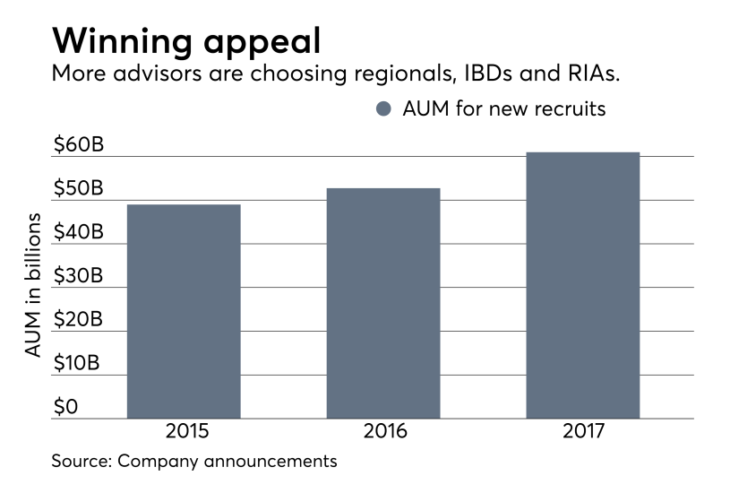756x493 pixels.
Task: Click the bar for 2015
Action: (x=184, y=311)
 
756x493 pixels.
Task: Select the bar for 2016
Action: (x=383, y=303)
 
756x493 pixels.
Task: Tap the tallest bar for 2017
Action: (x=582, y=285)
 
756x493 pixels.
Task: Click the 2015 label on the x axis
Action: (x=186, y=431)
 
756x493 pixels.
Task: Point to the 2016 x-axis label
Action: (x=385, y=431)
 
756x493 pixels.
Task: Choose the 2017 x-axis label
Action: (x=584, y=431)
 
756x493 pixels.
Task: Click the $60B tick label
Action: (x=78, y=145)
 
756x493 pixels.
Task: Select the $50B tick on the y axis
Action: (x=78, y=189)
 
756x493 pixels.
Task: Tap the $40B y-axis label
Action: (x=78, y=232)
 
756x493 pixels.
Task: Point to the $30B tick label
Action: (x=78, y=276)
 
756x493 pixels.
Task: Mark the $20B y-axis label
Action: (x=78, y=320)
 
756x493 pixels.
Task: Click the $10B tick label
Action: (x=78, y=364)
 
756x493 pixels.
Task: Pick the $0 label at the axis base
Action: (x=65, y=407)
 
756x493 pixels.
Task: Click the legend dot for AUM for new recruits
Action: (x=384, y=109)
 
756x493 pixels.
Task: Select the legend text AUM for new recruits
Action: (x=504, y=109)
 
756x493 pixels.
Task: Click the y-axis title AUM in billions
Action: (x=33, y=286)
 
